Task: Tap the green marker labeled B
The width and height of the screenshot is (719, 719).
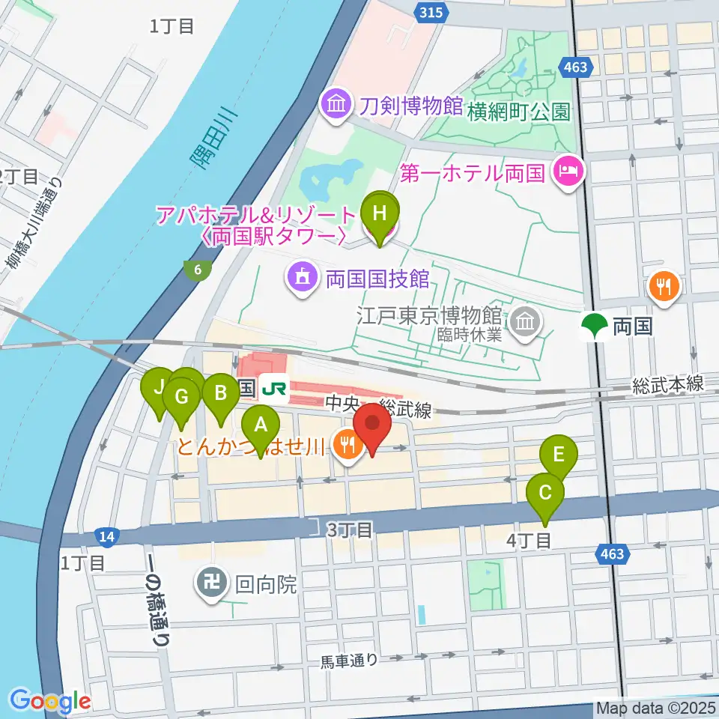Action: tap(220, 392)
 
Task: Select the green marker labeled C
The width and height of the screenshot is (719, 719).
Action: tap(544, 493)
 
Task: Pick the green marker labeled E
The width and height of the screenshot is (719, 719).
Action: tap(559, 454)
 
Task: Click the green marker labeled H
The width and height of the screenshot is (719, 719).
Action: tap(380, 212)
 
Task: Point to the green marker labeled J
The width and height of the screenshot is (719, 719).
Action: tap(159, 387)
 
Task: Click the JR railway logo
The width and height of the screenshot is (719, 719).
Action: tap(276, 388)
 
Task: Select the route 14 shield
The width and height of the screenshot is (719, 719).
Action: tap(107, 536)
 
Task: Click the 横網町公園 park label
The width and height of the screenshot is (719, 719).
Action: tap(518, 112)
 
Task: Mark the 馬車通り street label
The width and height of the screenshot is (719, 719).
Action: tap(349, 661)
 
